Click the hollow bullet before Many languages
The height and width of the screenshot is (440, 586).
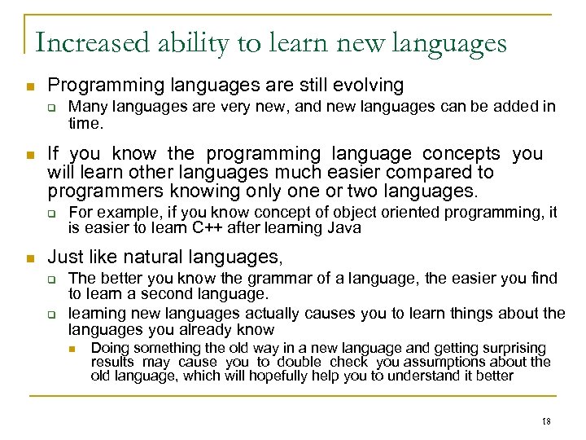(50, 108)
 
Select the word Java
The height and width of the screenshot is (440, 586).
(344, 228)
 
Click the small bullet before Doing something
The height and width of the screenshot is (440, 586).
(72, 349)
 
